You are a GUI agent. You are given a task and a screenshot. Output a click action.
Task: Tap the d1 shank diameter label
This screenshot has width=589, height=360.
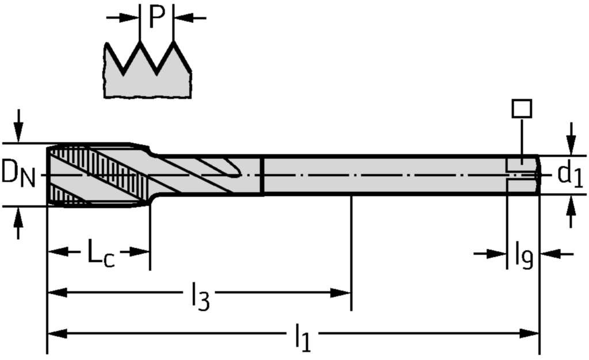(x=570, y=174)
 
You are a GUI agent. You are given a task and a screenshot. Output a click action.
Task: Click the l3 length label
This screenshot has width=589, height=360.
(x=200, y=297)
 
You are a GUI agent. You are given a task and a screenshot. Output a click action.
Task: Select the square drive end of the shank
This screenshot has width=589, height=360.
(x=523, y=174)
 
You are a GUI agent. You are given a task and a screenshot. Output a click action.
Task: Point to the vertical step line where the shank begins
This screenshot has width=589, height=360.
(x=263, y=175)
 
